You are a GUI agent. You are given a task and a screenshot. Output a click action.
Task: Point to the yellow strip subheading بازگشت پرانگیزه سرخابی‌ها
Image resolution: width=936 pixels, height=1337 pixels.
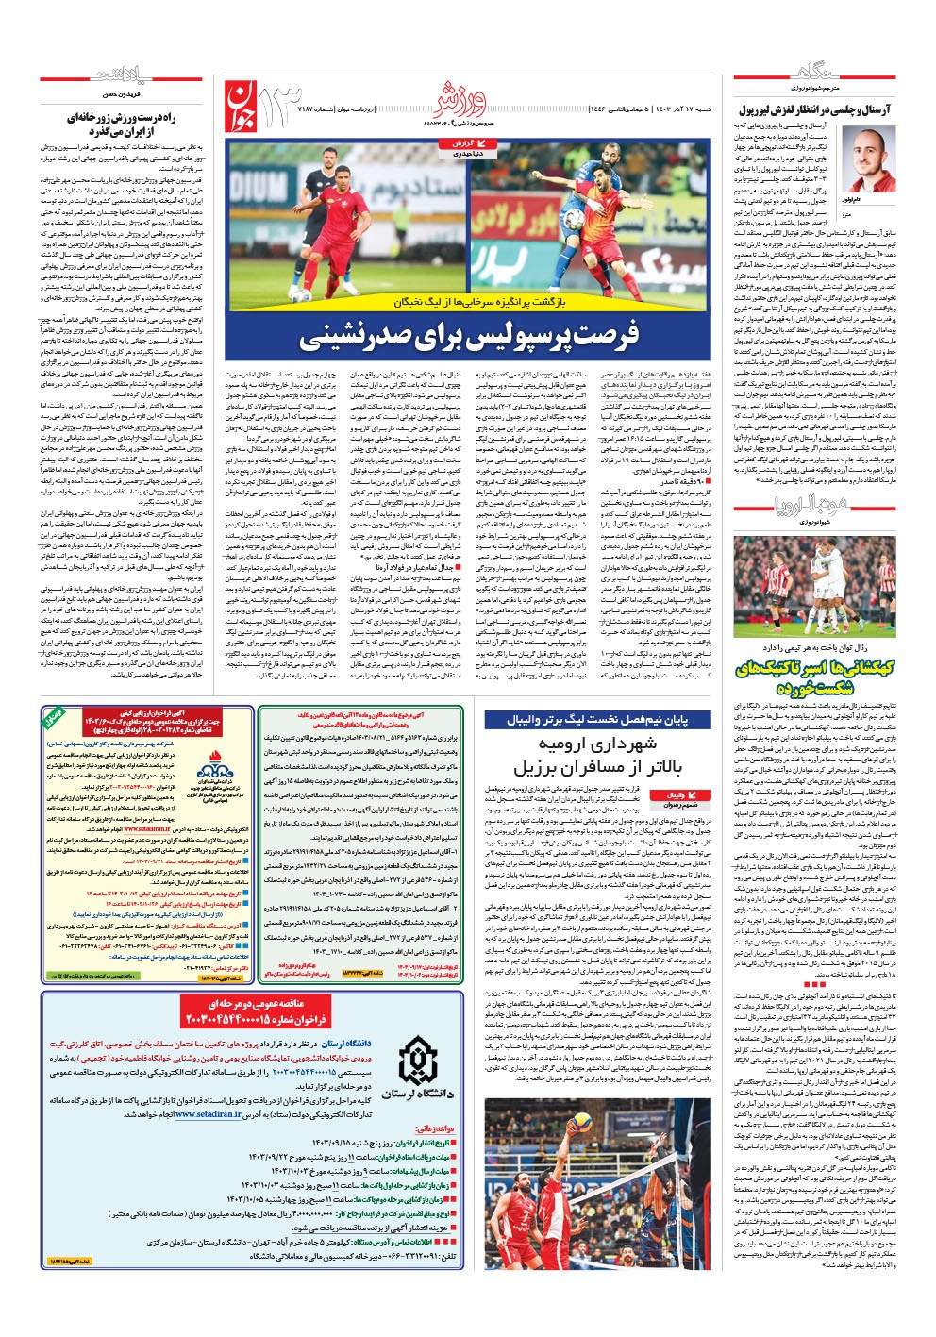[468, 302]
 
